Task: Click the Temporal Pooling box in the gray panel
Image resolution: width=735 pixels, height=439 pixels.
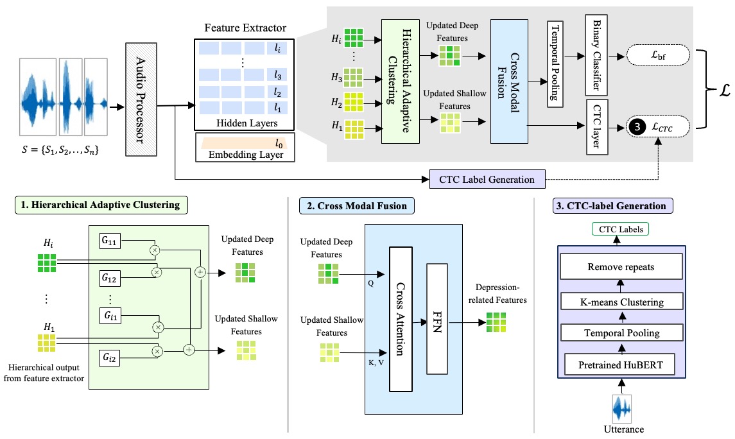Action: tap(553, 63)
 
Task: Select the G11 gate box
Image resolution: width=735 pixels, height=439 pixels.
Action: tap(110, 242)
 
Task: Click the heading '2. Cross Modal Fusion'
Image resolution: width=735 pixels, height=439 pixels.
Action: tap(357, 206)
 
